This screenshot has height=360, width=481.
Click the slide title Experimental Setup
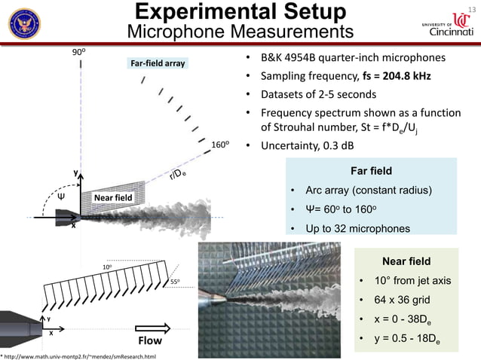[x=240, y=12]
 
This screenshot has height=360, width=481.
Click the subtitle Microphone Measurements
[x=240, y=32]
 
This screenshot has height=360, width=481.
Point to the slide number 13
[x=473, y=8]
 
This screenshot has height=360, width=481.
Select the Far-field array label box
[x=158, y=64]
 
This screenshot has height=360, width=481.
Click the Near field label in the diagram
[x=112, y=198]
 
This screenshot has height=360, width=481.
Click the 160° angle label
[x=220, y=144]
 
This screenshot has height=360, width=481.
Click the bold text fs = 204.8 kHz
[x=404, y=77]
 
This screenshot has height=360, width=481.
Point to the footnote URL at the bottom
[x=80, y=355]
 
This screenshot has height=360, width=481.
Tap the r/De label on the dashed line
[x=178, y=174]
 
